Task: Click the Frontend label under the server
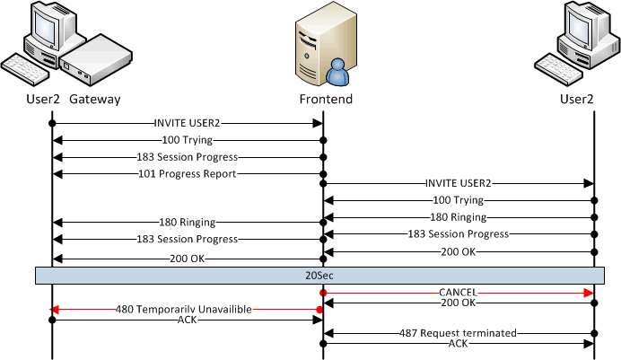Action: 326,99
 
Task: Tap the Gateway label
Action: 94,99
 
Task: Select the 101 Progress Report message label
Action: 187,174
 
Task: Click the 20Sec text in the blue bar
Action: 319,276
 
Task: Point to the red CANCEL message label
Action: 459,293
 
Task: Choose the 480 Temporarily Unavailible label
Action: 183,310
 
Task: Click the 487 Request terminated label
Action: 458,333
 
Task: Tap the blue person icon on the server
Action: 337,72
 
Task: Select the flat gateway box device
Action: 96,59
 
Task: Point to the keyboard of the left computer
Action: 24,70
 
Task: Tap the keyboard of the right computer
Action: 558,70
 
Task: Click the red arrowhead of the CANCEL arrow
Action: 589,293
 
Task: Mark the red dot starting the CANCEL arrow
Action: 323,293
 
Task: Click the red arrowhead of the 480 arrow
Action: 54,310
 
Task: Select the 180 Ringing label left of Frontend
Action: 187,222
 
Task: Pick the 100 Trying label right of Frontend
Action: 459,200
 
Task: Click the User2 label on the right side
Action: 577,99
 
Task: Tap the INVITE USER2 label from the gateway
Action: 187,123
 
